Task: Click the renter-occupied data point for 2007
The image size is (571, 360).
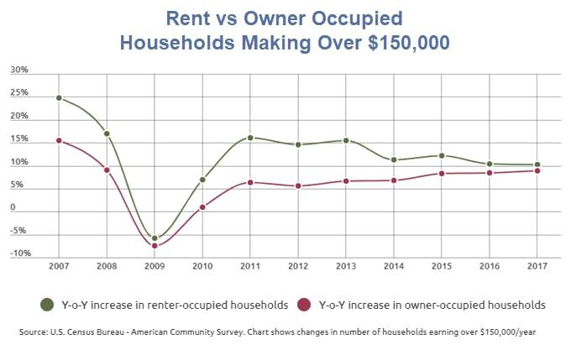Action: point(59,98)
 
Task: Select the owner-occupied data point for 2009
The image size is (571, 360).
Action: point(155,246)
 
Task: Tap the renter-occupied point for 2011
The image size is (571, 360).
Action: point(250,138)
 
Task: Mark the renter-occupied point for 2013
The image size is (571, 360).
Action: point(346,141)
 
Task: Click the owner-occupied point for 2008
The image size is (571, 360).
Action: point(107,170)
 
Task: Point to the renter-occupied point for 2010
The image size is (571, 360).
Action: point(202,180)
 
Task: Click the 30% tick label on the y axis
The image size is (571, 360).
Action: point(18,70)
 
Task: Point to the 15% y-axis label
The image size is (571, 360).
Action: point(18,139)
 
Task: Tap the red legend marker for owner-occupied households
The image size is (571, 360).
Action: point(306,304)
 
